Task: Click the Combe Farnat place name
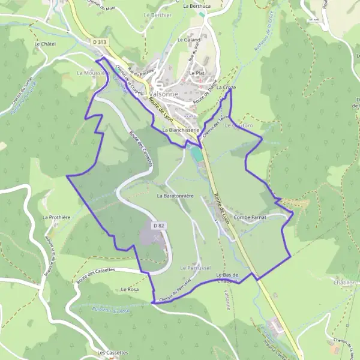[250, 217]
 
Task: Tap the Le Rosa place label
[129, 289]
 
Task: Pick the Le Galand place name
[188, 40]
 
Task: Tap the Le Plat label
[197, 73]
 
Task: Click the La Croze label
[226, 88]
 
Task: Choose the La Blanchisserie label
[180, 129]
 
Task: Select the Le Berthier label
[158, 14]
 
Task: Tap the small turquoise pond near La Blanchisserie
[196, 154]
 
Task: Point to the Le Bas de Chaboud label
[228, 277]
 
